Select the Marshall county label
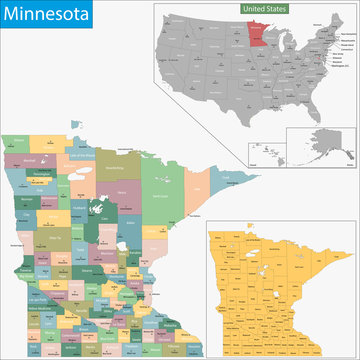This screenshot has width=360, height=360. click(x=28, y=156)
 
